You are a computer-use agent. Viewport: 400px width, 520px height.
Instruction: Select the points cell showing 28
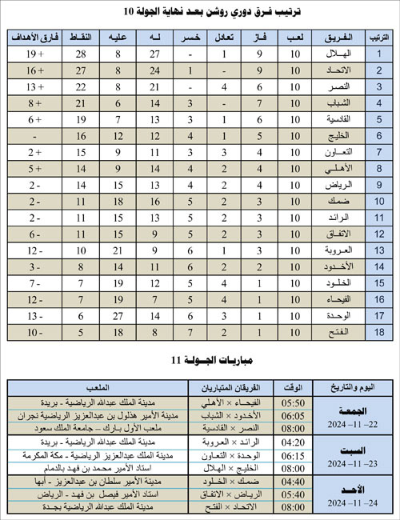[81, 54]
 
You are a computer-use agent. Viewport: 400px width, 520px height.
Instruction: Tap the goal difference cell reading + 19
[34, 54]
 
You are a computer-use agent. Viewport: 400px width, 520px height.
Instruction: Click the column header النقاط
[81, 38]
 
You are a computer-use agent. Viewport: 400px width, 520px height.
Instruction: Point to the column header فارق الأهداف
[34, 38]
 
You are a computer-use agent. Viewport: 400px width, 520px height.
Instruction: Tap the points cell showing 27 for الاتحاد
[81, 70]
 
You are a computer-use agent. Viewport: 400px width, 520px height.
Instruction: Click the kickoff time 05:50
[293, 402]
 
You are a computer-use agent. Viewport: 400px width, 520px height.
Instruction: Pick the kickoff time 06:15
[293, 454]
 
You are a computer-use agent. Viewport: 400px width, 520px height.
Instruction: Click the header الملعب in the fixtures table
[97, 387]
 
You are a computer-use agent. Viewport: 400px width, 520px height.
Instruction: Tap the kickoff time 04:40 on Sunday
[293, 481]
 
